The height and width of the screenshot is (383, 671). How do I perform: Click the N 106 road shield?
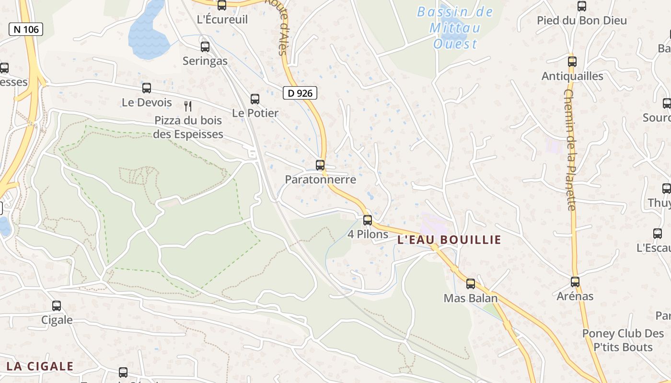tap(26, 29)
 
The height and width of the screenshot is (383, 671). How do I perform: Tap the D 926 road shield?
tap(300, 93)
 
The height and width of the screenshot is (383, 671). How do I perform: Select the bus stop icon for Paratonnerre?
tap(320, 165)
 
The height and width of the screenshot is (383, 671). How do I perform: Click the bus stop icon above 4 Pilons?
tap(368, 220)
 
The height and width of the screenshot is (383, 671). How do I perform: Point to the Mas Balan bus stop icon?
tap(471, 284)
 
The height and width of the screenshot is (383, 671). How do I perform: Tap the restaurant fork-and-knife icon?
tap(188, 106)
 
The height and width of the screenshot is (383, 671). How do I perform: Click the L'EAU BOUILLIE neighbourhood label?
tap(449, 240)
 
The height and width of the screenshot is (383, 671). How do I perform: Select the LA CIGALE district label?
tap(40, 367)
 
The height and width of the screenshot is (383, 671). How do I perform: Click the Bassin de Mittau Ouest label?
tap(455, 28)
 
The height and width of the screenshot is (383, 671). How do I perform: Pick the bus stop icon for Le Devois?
tap(147, 88)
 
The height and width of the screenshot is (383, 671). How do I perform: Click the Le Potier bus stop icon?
tap(255, 99)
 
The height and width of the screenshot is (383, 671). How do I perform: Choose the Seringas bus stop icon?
tap(205, 47)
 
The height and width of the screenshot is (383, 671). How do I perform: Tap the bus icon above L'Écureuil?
tap(222, 5)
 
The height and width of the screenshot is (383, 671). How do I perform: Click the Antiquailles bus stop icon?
tap(572, 62)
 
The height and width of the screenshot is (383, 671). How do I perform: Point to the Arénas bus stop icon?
tap(575, 282)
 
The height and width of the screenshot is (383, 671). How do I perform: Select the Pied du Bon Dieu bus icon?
tap(582, 6)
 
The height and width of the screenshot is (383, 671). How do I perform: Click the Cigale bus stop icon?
tap(57, 305)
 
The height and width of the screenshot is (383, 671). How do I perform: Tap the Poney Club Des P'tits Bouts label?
tap(623, 340)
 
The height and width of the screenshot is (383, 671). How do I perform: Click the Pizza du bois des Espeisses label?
tap(188, 127)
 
